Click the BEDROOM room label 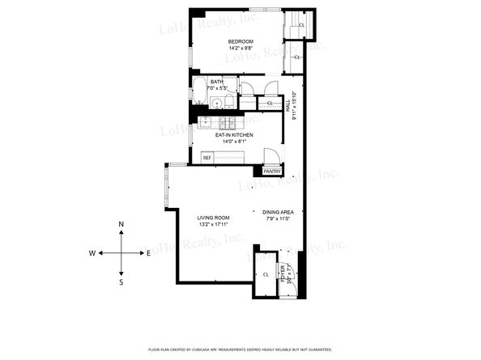point(240,42)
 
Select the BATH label point(217,82)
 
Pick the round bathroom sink point(217,103)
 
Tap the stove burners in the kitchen point(228,122)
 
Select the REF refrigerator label point(207,157)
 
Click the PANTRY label point(272,172)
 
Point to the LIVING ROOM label point(214,218)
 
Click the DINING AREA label point(278,211)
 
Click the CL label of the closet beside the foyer point(266,275)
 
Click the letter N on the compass point(121,224)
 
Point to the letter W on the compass point(92,253)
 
